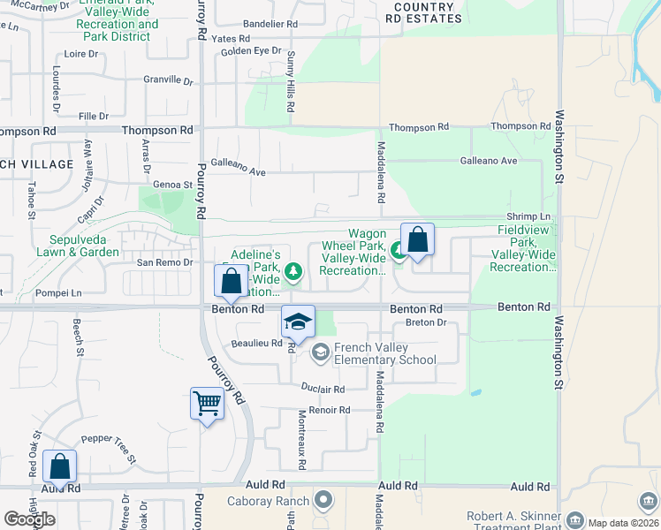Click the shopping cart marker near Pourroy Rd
pyautogui.click(x=207, y=405)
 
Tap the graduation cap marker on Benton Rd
pyautogui.click(x=298, y=322)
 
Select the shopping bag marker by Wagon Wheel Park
pyautogui.click(x=417, y=240)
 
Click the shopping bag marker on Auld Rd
pyautogui.click(x=59, y=466)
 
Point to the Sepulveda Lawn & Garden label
pyautogui.click(x=72, y=246)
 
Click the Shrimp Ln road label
pyautogui.click(x=528, y=217)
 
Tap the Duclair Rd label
pyautogui.click(x=322, y=389)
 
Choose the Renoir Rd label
pyautogui.click(x=330, y=411)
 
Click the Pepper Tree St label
pyautogui.click(x=108, y=448)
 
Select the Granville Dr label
pyautogui.click(x=169, y=80)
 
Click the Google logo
pyautogui.click(x=29, y=520)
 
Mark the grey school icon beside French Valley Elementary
pyautogui.click(x=319, y=352)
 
